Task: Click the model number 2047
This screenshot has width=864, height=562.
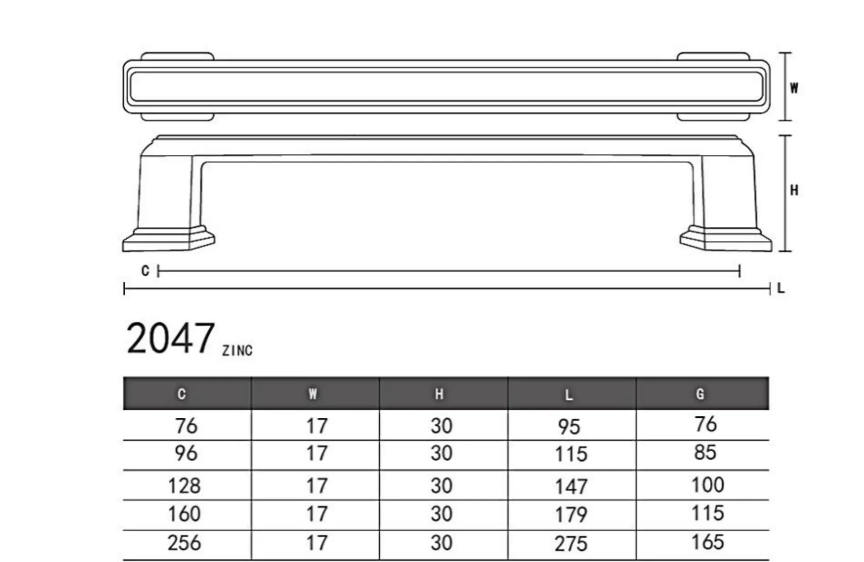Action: click(x=170, y=339)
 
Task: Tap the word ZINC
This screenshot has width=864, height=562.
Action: click(x=237, y=351)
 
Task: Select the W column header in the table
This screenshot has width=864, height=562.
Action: click(x=313, y=394)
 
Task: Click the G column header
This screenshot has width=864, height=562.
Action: click(x=700, y=394)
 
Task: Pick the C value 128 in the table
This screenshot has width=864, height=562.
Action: click(x=184, y=486)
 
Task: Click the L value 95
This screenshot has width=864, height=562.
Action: click(x=569, y=427)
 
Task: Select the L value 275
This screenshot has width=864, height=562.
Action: click(x=571, y=544)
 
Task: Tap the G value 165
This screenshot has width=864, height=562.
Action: click(x=707, y=542)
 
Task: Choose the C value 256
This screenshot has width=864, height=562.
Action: click(x=184, y=543)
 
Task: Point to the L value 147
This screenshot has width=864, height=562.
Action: click(x=571, y=487)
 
